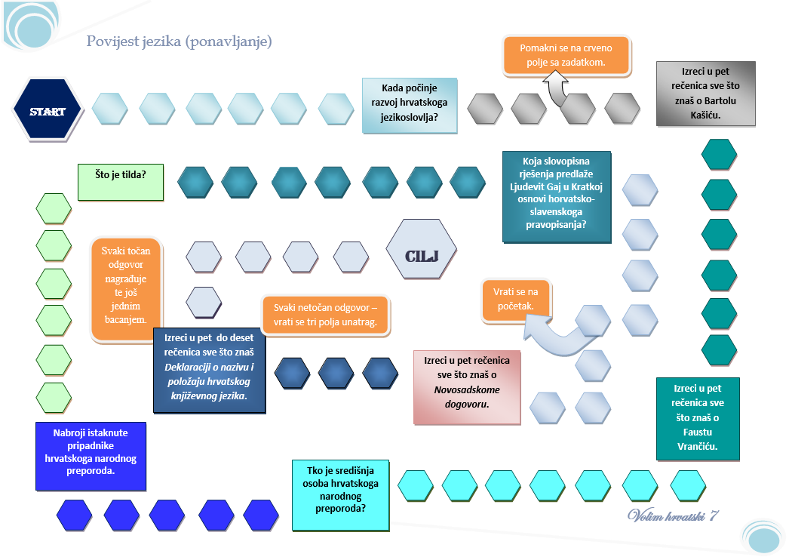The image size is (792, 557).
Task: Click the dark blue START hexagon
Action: pyautogui.click(x=47, y=110)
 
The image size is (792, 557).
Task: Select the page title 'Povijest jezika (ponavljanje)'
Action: pyautogui.click(x=179, y=42)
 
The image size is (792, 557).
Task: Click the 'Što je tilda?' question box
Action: pyautogui.click(x=121, y=182)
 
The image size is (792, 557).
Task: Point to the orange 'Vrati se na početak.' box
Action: pyautogui.click(x=516, y=299)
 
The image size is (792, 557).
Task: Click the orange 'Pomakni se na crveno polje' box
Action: pyautogui.click(x=566, y=54)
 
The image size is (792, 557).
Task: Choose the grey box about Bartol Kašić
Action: pyautogui.click(x=705, y=93)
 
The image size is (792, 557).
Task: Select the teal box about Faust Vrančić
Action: pyautogui.click(x=698, y=418)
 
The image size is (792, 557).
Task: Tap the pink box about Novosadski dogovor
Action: pyautogui.click(x=467, y=386)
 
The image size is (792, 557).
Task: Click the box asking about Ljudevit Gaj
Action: pyautogui.click(x=557, y=196)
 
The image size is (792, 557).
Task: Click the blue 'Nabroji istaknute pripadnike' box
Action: pyautogui.click(x=90, y=456)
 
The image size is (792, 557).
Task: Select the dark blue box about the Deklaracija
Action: pyautogui.click(x=209, y=370)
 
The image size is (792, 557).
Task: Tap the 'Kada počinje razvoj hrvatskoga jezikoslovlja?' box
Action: pyautogui.click(x=409, y=105)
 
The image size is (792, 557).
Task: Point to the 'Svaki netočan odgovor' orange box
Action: pyautogui.click(x=325, y=315)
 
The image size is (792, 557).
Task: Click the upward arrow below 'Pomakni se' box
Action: pyautogui.click(x=558, y=88)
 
